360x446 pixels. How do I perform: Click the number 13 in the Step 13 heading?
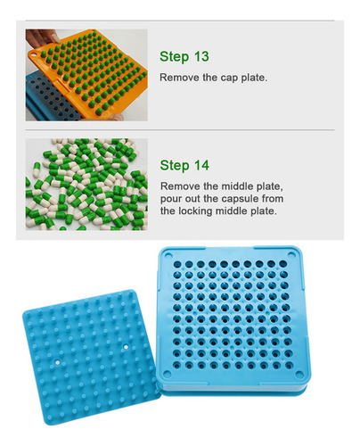(201, 56)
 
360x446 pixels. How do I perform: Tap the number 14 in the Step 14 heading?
(201, 165)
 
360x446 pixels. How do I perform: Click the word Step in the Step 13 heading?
(175, 57)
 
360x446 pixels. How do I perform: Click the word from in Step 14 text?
(273, 198)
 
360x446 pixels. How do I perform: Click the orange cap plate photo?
(86, 75)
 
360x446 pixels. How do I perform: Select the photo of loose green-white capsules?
(86, 185)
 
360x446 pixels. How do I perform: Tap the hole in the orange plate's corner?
(34, 54)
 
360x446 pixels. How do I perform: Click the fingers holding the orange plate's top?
(43, 37)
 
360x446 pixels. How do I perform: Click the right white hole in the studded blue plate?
(126, 347)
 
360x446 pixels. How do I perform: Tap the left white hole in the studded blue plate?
(57, 363)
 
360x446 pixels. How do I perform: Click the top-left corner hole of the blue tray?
(168, 255)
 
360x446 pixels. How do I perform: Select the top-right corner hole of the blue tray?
(291, 255)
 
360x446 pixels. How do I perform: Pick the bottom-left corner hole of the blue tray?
(167, 374)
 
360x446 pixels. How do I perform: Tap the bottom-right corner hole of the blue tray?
(299, 375)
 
